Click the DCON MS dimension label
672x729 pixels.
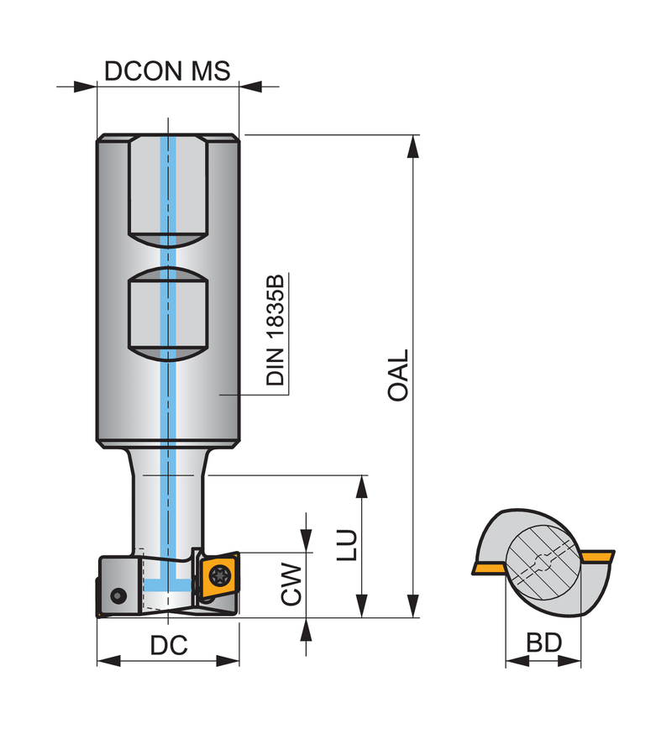(x=167, y=71)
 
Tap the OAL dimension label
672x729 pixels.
(x=398, y=375)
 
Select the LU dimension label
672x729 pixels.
(x=348, y=545)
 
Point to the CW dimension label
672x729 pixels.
(x=291, y=584)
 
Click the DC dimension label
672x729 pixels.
(x=169, y=645)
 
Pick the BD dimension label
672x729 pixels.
(x=543, y=643)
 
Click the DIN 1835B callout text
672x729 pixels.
(x=275, y=330)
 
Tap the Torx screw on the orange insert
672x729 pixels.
(x=219, y=575)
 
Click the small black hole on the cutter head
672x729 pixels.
(x=118, y=595)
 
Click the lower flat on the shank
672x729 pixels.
(x=168, y=314)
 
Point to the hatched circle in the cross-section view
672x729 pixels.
(x=543, y=563)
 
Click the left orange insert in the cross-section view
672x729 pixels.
(x=489, y=568)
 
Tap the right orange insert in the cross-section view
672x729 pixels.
(x=598, y=556)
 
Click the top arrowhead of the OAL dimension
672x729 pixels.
(x=413, y=146)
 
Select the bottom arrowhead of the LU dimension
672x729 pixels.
(x=362, y=606)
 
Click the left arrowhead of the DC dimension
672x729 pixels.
(x=108, y=661)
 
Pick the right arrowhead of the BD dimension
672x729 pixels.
(x=570, y=661)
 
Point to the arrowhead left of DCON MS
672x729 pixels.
(x=85, y=87)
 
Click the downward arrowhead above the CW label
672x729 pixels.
(x=306, y=541)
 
